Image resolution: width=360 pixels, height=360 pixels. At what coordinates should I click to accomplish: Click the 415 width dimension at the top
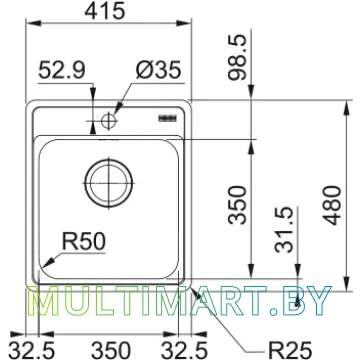tap(105, 11)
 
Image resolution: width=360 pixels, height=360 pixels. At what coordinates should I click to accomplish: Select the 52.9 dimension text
tap(62, 70)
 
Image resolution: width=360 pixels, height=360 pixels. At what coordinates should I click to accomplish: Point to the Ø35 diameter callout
tap(158, 70)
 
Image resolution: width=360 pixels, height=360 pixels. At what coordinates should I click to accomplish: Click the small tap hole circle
tap(108, 120)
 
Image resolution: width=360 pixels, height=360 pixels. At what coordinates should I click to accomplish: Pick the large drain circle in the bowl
tap(109, 183)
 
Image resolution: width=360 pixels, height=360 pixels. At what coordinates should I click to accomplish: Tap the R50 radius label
tap(84, 242)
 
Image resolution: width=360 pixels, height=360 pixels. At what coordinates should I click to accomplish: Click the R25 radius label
tap(289, 351)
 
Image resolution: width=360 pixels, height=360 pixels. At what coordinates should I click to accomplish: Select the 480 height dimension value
tap(333, 205)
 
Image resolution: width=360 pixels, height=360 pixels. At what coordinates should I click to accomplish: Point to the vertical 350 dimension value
tap(238, 205)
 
